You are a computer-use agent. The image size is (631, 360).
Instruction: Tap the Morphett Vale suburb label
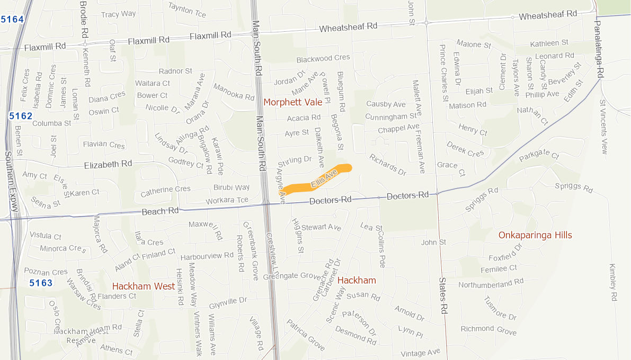pyautogui.click(x=292, y=102)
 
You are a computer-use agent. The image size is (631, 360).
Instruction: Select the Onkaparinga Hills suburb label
pyautogui.click(x=535, y=235)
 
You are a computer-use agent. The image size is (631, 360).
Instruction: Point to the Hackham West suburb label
pyautogui.click(x=144, y=286)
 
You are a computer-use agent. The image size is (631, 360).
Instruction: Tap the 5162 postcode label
pyautogui.click(x=21, y=116)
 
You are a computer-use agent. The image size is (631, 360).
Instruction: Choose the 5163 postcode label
pyautogui.click(x=41, y=283)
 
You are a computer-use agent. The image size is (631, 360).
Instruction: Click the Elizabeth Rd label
pyautogui.click(x=108, y=165)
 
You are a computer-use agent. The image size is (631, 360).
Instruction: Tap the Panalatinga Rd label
pyautogui.click(x=598, y=48)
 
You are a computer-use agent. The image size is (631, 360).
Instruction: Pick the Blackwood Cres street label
pyautogui.click(x=323, y=58)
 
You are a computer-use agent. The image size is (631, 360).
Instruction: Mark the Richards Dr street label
pyautogui.click(x=388, y=165)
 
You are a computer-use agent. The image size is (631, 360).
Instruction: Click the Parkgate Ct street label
pyautogui.click(x=539, y=156)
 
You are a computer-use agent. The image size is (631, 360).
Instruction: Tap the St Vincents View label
pyautogui.click(x=603, y=127)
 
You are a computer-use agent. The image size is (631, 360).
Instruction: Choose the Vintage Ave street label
pyautogui.click(x=420, y=353)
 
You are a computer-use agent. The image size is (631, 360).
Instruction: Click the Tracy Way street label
pyautogui.click(x=118, y=14)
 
